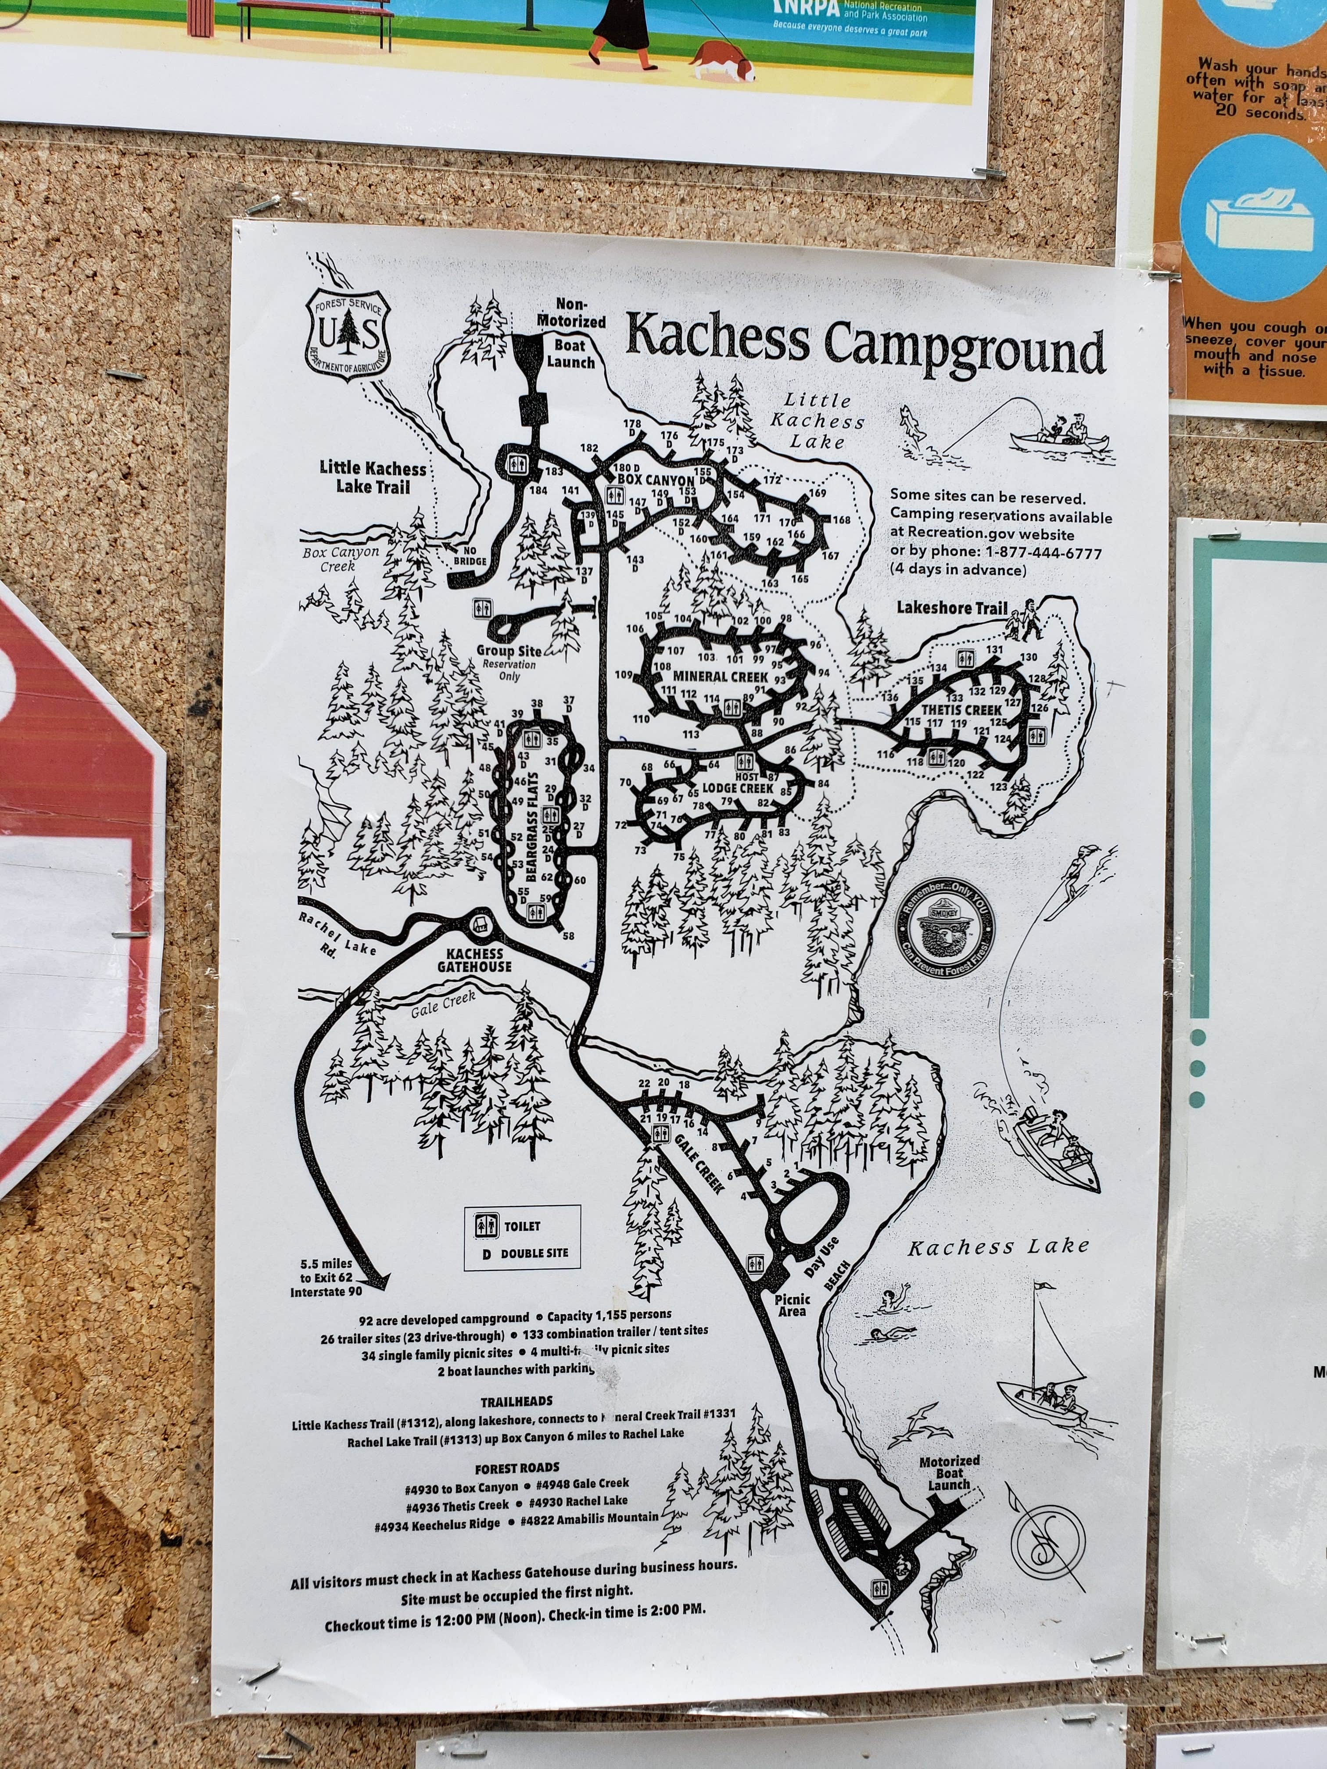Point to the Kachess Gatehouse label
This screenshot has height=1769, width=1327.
pos(474,960)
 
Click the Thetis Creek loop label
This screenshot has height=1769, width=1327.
pos(961,709)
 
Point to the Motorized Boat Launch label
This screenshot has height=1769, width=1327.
pos(949,1473)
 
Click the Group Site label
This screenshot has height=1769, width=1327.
pos(509,651)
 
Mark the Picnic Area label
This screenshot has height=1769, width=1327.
pos(792,1305)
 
